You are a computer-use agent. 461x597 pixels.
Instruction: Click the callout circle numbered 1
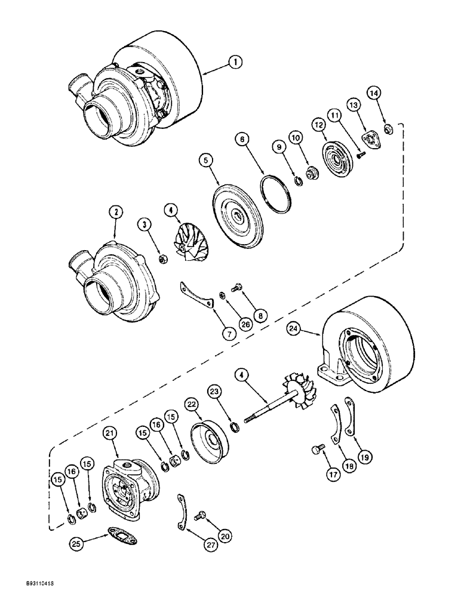pyautogui.click(x=237, y=62)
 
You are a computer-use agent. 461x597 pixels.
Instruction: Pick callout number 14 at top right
pyautogui.click(x=373, y=93)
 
